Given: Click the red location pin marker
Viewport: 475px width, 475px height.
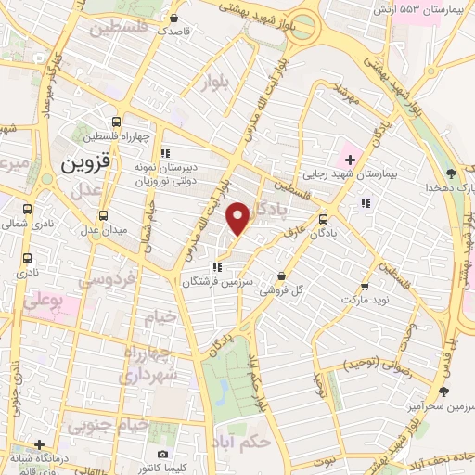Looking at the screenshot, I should click(238, 217).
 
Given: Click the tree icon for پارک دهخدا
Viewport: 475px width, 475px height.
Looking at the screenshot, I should click(451, 173).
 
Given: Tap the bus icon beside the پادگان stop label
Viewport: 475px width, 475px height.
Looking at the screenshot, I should click(323, 220).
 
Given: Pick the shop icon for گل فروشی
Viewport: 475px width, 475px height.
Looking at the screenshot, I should click(282, 276).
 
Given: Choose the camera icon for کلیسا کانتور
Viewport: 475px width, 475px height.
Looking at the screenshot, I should click(162, 455).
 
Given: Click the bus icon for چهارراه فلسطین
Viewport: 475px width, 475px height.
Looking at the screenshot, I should click(116, 122).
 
